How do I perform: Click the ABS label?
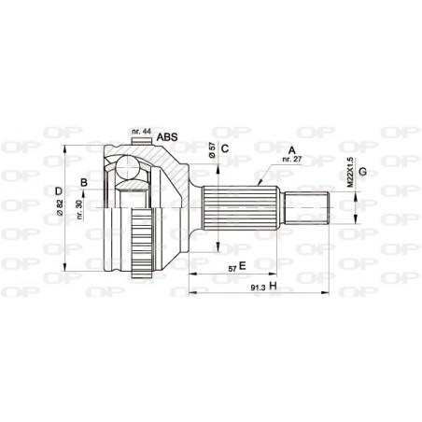[x=167, y=137]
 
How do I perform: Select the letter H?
[x=274, y=286]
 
